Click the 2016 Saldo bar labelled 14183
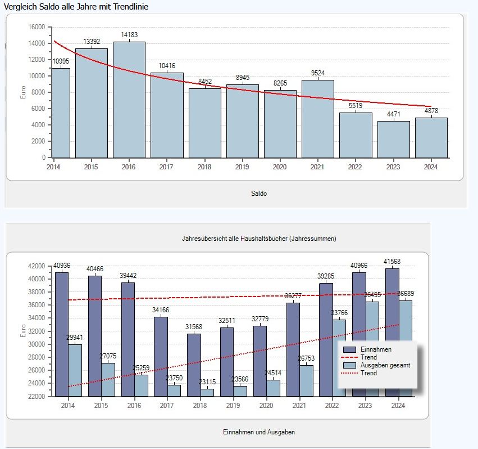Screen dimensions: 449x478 coord(129,100)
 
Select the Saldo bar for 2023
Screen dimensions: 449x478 coord(393,140)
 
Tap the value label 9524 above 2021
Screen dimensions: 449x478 coord(318,73)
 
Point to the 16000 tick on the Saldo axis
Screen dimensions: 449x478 coord(37,27)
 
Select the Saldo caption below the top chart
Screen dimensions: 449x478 coord(259,194)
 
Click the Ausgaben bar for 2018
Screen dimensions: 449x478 coord(208,392)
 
